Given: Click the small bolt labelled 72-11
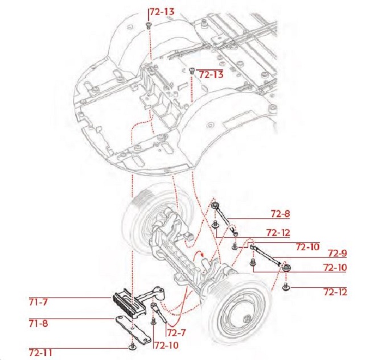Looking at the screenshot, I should [x=132, y=345].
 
